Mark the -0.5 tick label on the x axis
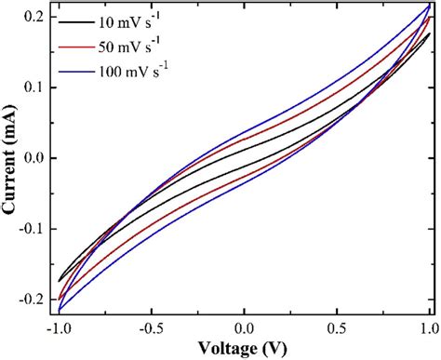[150, 327]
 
